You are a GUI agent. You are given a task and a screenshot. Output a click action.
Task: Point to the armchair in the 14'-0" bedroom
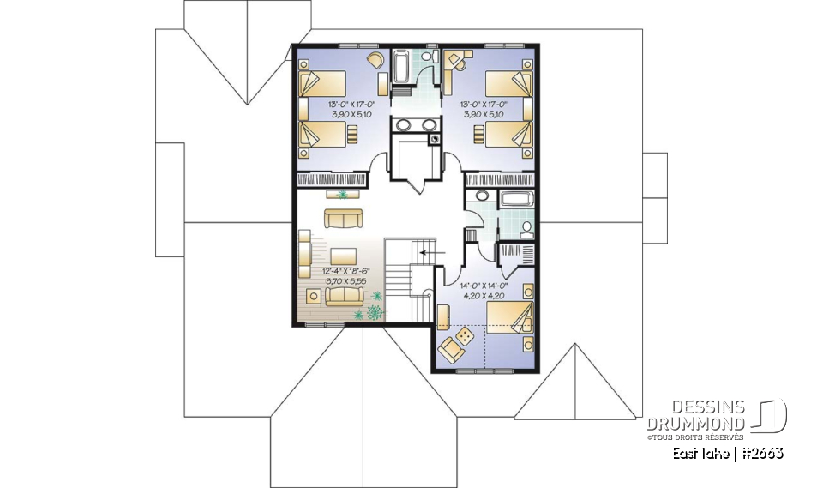click(448, 351)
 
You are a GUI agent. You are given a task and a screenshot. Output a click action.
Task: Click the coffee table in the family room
click(343, 256)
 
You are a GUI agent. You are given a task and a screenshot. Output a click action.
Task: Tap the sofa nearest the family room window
click(345, 296)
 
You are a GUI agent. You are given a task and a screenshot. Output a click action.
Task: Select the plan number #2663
click(762, 452)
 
